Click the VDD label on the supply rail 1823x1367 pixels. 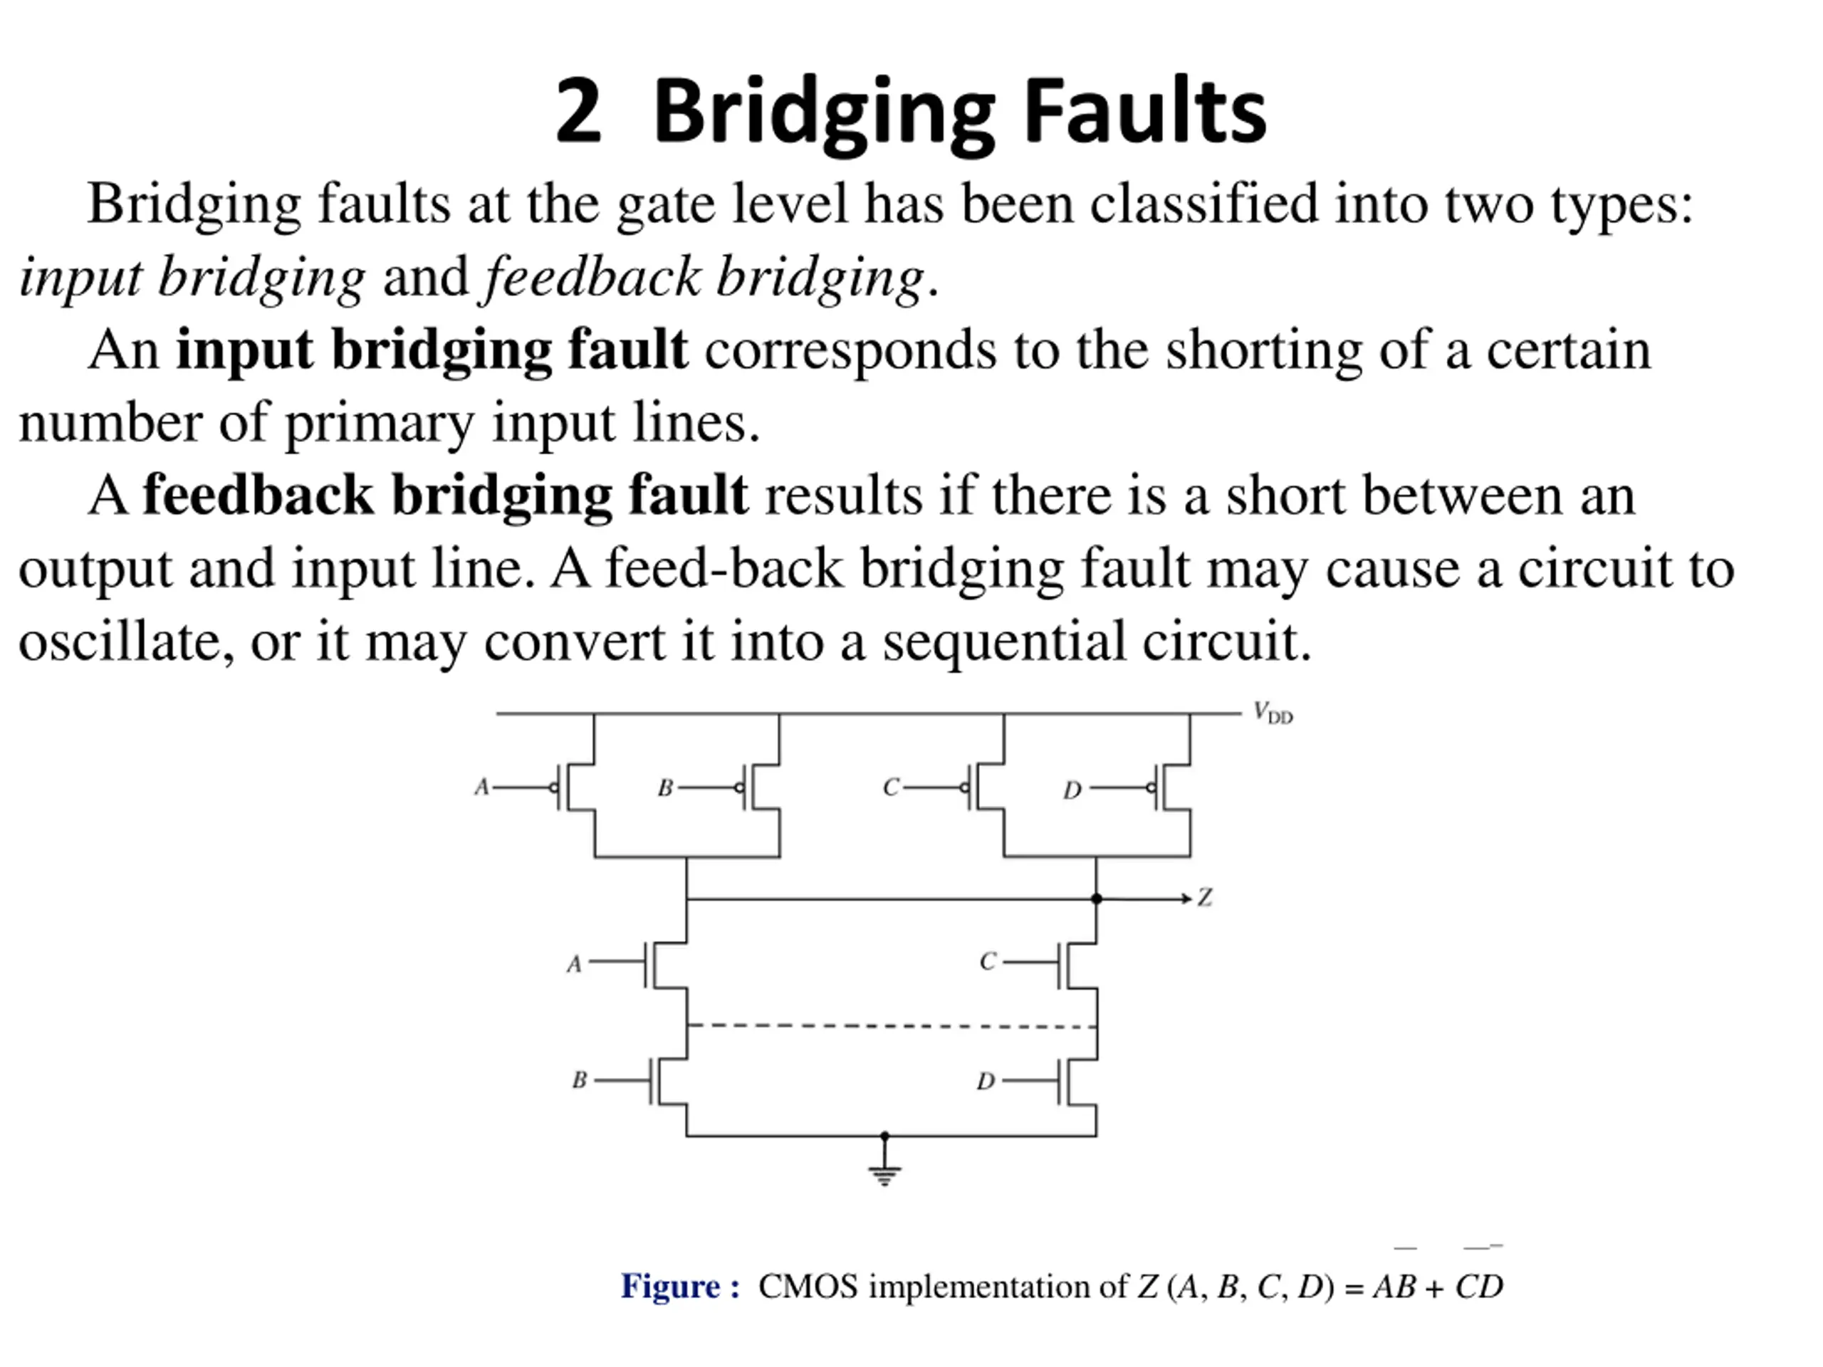pos(1273,713)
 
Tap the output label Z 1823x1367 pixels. pos(1205,897)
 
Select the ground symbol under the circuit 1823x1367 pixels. pos(884,1174)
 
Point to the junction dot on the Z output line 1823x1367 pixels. pos(1096,898)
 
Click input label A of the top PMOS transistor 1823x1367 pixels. pos(482,787)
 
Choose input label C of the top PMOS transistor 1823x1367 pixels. pos(891,787)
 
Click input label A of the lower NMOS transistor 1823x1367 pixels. pos(575,964)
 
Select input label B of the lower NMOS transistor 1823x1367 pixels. pos(580,1079)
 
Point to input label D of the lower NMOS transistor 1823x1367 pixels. pos(986,1081)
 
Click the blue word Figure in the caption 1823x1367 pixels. pos(671,1287)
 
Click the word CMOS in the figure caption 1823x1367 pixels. pos(808,1287)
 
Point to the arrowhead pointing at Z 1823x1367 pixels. pos(1187,898)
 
